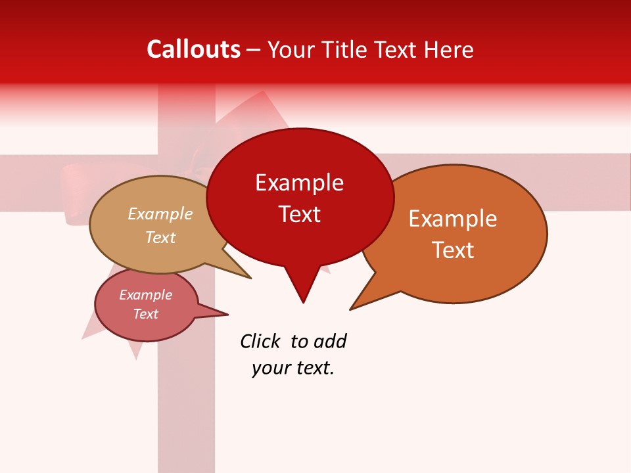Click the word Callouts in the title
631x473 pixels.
click(193, 49)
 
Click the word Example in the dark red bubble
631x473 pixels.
click(299, 183)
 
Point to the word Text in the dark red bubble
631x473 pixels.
click(299, 214)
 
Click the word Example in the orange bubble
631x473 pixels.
click(453, 219)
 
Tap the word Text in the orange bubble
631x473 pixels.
click(453, 250)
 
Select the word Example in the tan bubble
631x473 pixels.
click(160, 214)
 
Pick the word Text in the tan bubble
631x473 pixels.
click(160, 237)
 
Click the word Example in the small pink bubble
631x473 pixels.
click(145, 295)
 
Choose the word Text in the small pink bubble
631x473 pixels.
click(145, 314)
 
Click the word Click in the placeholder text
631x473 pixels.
click(260, 341)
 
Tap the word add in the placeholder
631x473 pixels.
click(330, 341)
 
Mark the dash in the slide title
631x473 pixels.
click(254, 50)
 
